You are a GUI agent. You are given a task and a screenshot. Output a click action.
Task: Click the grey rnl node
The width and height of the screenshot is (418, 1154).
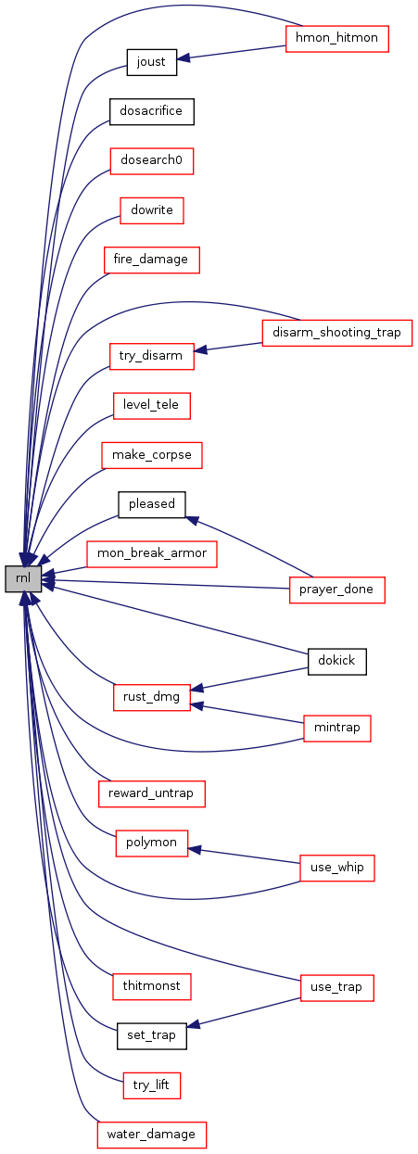tap(23, 578)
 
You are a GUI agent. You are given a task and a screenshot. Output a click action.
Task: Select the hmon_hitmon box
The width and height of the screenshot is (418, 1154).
tap(337, 39)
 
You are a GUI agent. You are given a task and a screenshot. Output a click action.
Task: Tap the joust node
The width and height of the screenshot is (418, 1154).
tap(151, 62)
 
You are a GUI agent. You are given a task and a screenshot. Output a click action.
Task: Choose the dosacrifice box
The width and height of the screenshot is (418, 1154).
tap(151, 111)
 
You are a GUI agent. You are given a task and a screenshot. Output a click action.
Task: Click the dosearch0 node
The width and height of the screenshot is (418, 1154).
tap(151, 160)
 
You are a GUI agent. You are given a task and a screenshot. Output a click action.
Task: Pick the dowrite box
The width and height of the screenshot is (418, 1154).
tap(151, 210)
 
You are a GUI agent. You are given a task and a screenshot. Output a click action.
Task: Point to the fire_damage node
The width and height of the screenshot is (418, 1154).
tap(151, 260)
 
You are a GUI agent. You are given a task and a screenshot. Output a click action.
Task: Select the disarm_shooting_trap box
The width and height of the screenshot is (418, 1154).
tap(337, 333)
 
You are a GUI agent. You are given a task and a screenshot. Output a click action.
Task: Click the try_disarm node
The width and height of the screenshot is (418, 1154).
tap(151, 356)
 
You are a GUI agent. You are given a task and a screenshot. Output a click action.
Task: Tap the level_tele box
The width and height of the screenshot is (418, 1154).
tap(151, 405)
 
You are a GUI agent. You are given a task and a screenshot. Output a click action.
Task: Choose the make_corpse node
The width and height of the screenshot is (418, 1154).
tap(151, 455)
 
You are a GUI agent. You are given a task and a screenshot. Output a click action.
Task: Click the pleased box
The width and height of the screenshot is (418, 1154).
tap(151, 504)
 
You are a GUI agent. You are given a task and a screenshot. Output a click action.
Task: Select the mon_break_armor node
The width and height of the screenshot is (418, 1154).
tap(151, 553)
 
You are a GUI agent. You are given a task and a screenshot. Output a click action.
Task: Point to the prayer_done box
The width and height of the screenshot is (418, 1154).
tap(337, 590)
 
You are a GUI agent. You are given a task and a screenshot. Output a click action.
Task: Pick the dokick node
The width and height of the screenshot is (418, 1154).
tap(337, 662)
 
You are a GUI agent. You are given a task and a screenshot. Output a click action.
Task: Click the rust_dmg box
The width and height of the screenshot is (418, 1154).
tap(151, 698)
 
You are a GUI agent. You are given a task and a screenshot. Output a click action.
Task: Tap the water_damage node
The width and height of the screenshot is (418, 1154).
tap(151, 1135)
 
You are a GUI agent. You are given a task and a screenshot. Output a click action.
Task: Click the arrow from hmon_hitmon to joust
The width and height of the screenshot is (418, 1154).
tap(232, 53)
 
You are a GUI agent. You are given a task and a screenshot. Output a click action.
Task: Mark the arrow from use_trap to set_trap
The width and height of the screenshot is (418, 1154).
tap(243, 1012)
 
